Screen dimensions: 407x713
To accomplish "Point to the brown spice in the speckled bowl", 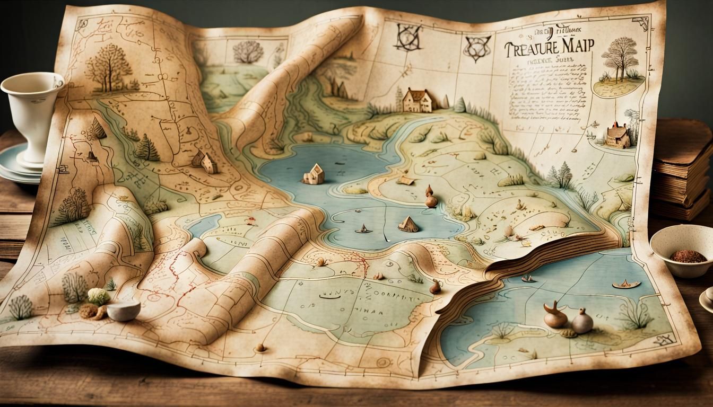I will coord(688,256).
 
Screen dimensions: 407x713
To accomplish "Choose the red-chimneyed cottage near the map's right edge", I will coord(618,135).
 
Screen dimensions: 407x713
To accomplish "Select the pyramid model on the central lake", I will coord(408,224).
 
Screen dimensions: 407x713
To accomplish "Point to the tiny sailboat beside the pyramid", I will coord(364,229).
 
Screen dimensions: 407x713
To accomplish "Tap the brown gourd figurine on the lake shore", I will coord(431,197).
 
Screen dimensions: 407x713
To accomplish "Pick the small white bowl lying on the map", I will coord(123,311).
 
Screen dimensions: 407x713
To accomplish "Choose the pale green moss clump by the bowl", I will coord(98,296).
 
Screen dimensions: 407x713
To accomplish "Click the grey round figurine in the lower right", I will coord(582,322).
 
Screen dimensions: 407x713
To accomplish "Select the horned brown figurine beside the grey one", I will coord(555,315).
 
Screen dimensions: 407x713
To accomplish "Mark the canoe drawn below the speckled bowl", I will coord(626,285).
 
